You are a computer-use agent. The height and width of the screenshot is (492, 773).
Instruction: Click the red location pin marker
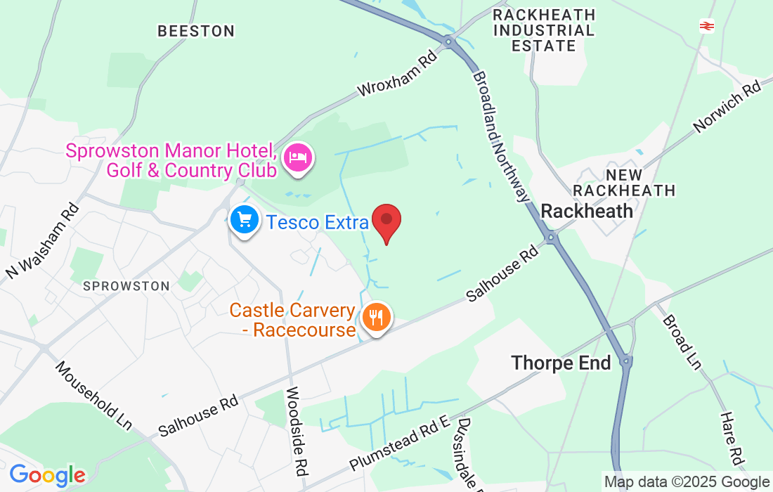[x=386, y=221]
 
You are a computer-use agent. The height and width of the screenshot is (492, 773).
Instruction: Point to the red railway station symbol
[x=706, y=26]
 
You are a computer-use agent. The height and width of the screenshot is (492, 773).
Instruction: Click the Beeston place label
[x=196, y=31]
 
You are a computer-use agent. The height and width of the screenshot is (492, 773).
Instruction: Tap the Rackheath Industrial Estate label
[x=544, y=30]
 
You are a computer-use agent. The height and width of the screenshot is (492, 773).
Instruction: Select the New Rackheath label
[x=624, y=182]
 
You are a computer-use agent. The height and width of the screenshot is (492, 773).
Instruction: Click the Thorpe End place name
[x=561, y=363]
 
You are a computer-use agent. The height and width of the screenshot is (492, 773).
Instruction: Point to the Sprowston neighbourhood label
[x=126, y=286]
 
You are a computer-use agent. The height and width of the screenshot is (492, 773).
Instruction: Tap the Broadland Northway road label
[x=501, y=136]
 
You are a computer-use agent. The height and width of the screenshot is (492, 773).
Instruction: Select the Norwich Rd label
[x=728, y=106]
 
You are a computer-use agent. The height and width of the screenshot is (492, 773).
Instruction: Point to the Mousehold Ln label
[x=93, y=394]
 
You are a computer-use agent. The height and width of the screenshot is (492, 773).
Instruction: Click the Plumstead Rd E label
[x=399, y=443]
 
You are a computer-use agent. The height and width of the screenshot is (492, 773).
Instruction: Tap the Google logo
[x=47, y=476]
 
